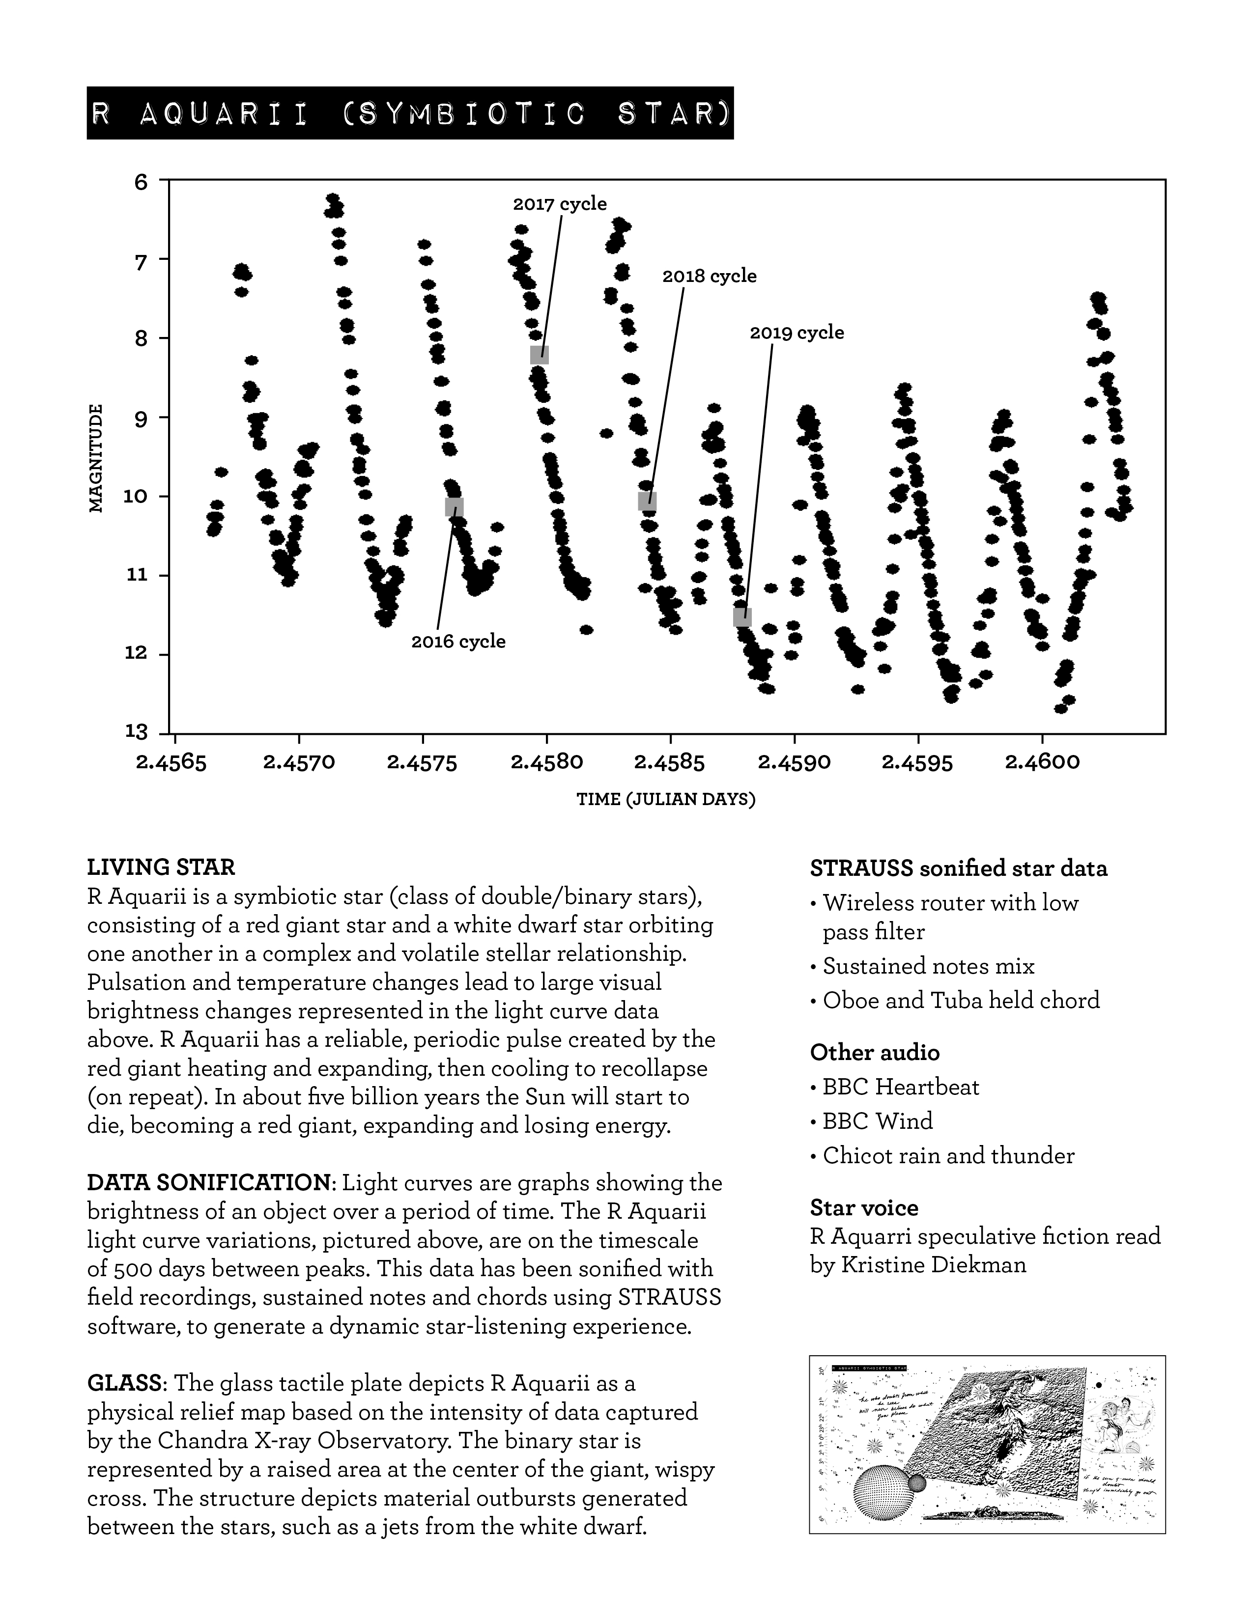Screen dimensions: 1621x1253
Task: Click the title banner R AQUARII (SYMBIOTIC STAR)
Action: coord(410,113)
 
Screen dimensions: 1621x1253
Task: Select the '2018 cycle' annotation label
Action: coord(709,276)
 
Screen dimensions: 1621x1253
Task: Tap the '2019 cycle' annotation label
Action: coord(797,333)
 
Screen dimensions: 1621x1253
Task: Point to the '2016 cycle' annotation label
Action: coord(458,641)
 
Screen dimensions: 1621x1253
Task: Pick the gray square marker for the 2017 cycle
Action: coord(540,354)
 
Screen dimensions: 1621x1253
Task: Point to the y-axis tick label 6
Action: coord(141,181)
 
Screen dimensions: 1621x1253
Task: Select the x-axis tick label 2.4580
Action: coord(547,762)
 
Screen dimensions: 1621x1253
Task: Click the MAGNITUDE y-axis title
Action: coord(96,458)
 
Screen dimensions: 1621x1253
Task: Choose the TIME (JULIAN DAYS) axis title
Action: coord(666,799)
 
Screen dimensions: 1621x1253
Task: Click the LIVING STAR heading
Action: coord(161,867)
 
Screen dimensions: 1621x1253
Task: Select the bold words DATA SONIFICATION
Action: coord(208,1181)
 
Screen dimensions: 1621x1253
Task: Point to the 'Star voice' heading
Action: coord(864,1207)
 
